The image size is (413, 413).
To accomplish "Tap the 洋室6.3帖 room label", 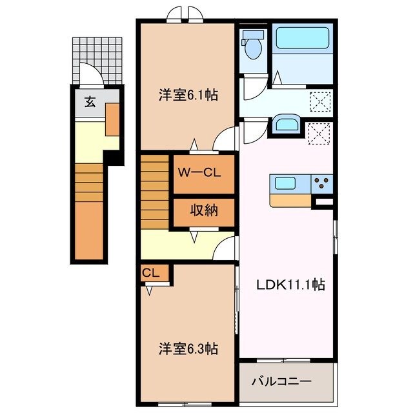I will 188,349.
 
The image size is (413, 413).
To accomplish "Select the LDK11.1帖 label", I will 292,284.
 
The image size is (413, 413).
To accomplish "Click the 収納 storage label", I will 203,210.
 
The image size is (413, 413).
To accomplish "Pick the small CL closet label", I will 150,273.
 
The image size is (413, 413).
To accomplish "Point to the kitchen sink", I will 284,183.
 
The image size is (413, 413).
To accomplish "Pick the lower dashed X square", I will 319,134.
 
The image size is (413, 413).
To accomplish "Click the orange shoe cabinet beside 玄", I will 112,119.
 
